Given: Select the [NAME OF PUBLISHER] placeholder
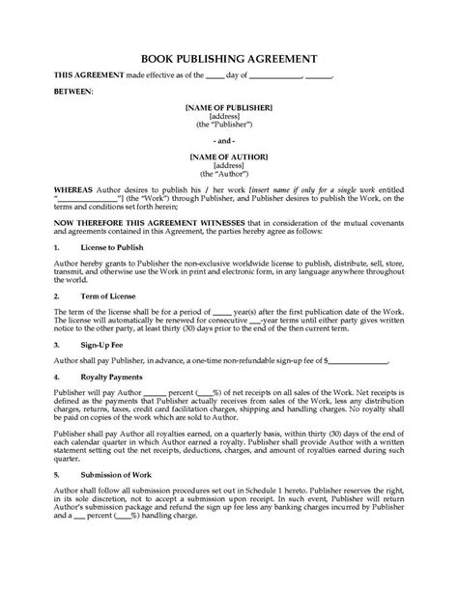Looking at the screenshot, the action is click(229, 107).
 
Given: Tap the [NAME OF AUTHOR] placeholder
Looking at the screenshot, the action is click(229, 154).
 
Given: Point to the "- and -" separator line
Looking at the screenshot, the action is click(229, 139).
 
